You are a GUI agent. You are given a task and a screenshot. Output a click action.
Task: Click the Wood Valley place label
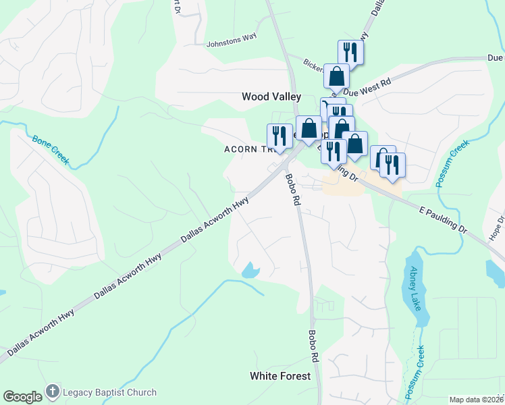tap(271, 97)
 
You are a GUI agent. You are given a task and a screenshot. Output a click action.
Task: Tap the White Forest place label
tap(280, 376)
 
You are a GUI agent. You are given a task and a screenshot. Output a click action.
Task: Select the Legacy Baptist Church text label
tap(109, 392)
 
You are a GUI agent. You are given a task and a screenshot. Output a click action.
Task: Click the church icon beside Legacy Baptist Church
tap(53, 392)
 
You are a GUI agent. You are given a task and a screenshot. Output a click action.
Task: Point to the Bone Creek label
tap(51, 148)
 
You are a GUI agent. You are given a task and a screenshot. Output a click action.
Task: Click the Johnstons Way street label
tap(232, 38)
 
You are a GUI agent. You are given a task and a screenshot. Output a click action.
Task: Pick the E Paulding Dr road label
tap(443, 220)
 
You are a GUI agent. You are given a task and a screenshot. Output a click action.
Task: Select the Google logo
tap(22, 397)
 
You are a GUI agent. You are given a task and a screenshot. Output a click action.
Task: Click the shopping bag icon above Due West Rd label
tap(336, 76)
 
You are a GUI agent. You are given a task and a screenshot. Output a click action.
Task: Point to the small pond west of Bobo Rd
tap(250, 271)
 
